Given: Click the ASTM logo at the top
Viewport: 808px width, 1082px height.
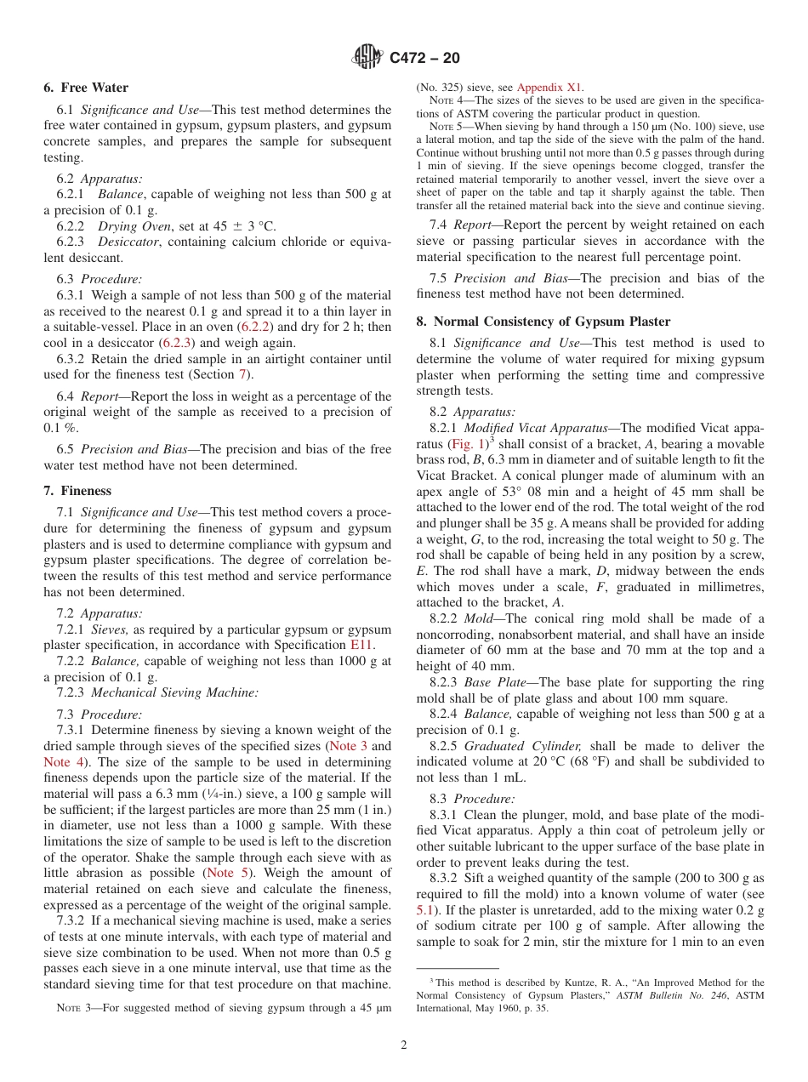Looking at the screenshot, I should coord(368,58).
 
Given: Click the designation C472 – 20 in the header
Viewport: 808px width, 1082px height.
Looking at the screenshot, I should coord(424,58).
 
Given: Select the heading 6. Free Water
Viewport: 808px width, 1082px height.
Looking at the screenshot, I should coord(86,88).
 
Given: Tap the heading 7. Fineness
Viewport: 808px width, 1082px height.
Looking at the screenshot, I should coord(77,491).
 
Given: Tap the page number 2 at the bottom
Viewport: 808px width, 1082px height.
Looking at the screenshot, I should coord(404,1045).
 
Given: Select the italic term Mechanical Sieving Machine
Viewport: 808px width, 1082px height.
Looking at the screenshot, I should coord(174,692).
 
